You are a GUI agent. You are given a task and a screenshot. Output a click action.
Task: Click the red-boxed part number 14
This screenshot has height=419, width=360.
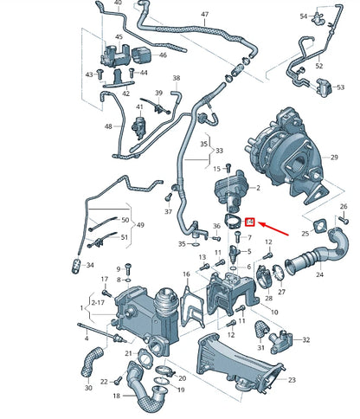point(250,222)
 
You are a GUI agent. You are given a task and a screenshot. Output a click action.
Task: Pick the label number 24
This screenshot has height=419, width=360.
point(319,276)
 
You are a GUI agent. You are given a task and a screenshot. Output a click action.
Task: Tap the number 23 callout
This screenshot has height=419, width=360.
point(292,379)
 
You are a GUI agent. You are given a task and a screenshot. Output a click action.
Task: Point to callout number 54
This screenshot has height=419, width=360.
point(304,16)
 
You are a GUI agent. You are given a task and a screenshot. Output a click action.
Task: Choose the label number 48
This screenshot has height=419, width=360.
point(109,126)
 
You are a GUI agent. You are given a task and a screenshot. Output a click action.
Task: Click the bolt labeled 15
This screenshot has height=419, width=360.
point(229,168)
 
